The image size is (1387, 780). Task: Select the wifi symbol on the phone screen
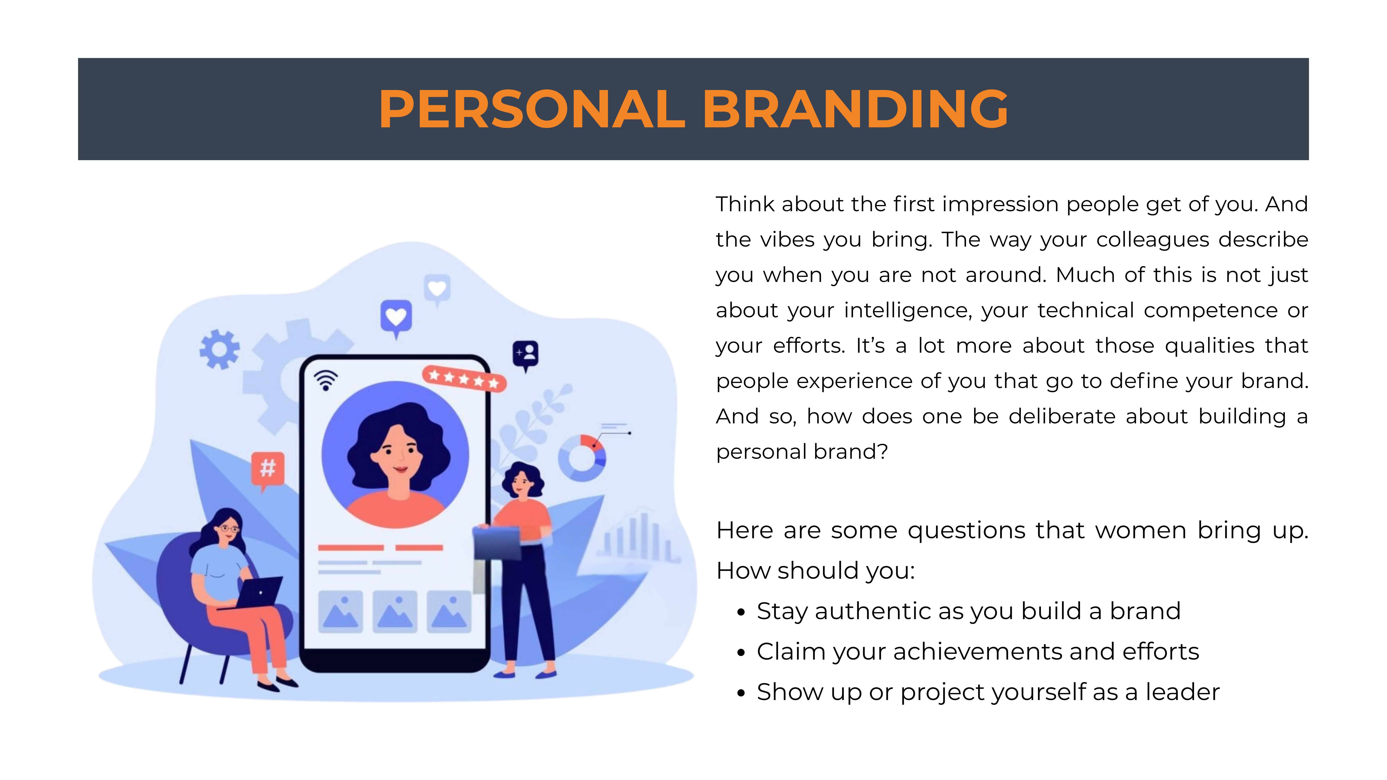(x=326, y=379)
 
